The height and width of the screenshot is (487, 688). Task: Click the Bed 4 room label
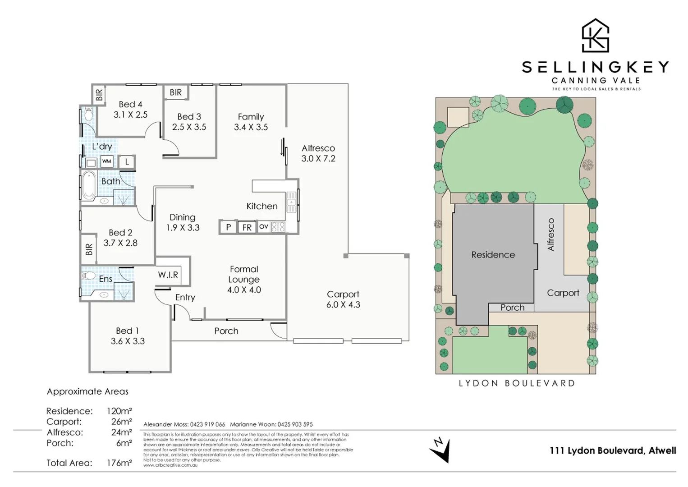(x=130, y=104)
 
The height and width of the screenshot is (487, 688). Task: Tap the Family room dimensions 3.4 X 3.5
(x=251, y=127)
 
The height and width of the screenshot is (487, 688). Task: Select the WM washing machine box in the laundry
(x=106, y=161)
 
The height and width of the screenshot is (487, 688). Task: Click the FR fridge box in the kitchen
(x=247, y=227)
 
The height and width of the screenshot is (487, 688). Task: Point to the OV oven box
(x=264, y=226)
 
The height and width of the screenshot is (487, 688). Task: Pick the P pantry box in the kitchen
(x=228, y=227)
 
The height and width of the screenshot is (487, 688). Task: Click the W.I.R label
(x=168, y=275)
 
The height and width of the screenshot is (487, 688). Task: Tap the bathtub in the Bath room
(x=89, y=185)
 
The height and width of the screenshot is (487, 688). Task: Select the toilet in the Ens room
(x=88, y=275)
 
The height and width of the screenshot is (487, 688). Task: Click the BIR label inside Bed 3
(x=175, y=92)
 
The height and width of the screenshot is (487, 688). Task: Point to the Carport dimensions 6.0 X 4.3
(x=343, y=305)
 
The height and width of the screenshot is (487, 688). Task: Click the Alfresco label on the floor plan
(x=318, y=148)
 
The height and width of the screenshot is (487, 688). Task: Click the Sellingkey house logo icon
(x=595, y=36)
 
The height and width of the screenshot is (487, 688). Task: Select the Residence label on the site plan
(x=493, y=255)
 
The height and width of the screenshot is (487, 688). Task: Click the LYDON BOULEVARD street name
(x=517, y=383)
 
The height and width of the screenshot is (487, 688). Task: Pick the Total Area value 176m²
(x=119, y=463)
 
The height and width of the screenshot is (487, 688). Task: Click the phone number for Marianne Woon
(x=295, y=424)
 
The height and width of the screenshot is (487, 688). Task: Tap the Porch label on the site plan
(x=513, y=308)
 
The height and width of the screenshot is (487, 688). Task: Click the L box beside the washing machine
(x=127, y=161)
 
